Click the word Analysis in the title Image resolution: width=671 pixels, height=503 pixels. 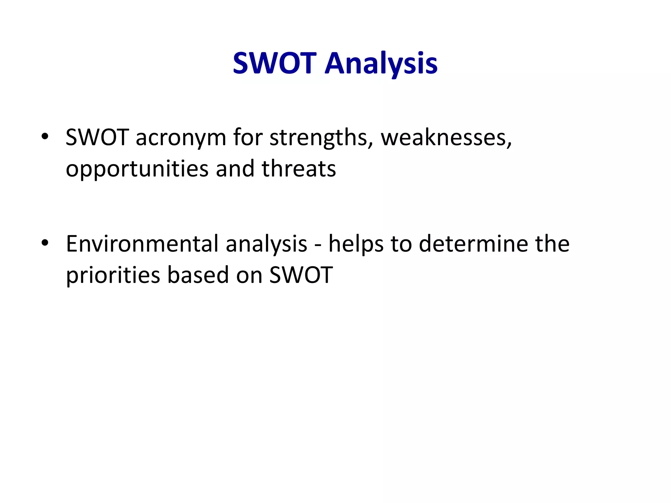(x=381, y=64)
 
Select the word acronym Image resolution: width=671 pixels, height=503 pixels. (x=181, y=138)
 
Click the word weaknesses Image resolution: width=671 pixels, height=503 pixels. (x=446, y=138)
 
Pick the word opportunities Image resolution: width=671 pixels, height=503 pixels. (x=137, y=170)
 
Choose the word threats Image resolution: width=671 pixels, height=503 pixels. (x=298, y=169)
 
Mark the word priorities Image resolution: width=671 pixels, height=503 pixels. (x=113, y=275)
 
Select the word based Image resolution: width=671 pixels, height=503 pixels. (x=198, y=275)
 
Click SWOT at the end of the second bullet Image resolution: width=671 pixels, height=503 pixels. (x=301, y=275)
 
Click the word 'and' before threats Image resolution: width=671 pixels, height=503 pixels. (x=235, y=169)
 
